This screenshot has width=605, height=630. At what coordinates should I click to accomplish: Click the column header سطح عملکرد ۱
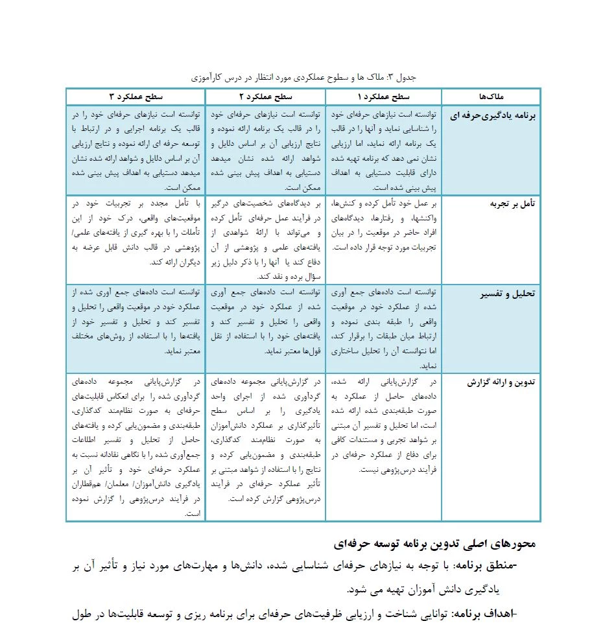click(383, 97)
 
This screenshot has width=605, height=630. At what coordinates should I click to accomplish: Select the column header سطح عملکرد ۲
click(265, 97)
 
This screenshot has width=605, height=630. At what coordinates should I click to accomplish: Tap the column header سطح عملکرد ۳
click(136, 97)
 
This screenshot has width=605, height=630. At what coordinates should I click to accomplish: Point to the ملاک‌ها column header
click(490, 97)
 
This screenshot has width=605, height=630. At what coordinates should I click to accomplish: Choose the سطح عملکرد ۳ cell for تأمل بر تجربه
click(136, 233)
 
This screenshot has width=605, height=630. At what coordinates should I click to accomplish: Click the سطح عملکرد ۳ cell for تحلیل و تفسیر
click(136, 321)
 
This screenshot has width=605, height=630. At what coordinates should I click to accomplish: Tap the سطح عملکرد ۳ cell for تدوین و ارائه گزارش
click(136, 447)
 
